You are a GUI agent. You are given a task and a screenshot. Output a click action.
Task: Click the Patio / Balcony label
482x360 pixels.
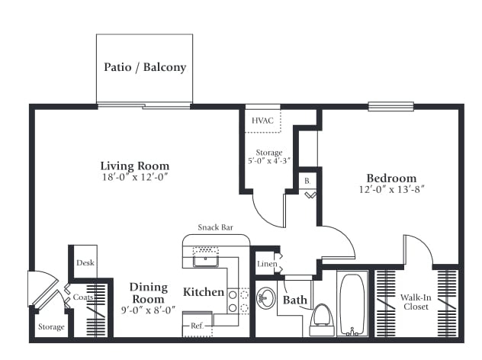point(145,67)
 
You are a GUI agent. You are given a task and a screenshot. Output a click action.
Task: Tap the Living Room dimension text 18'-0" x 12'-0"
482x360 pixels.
point(135,177)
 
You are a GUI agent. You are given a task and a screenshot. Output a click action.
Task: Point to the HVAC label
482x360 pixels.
point(262,121)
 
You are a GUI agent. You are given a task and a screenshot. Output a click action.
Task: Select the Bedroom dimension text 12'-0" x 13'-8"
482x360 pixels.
point(392,189)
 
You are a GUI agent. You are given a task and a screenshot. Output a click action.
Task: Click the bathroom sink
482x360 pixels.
point(266,298)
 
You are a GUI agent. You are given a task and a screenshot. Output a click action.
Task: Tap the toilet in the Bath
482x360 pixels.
point(322,320)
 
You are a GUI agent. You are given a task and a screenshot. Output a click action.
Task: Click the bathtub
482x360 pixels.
point(352,304)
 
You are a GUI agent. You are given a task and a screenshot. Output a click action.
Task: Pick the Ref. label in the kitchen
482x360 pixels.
point(197,326)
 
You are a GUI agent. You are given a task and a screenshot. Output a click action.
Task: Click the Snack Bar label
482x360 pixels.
point(216,227)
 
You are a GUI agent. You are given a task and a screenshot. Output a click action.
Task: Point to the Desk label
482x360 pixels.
point(85,263)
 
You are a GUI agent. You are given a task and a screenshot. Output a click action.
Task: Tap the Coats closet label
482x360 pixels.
point(83,297)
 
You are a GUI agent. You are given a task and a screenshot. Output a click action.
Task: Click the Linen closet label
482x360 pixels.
point(267,264)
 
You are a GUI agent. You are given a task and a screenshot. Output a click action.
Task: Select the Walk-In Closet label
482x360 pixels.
point(416,302)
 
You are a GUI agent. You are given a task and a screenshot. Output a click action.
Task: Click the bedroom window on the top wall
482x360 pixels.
point(391,106)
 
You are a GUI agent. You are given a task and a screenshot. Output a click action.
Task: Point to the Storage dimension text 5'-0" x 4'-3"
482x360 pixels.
point(269,161)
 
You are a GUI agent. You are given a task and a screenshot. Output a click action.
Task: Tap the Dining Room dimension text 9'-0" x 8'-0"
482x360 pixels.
point(149,310)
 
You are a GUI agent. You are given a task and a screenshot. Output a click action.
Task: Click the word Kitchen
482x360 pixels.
point(204,292)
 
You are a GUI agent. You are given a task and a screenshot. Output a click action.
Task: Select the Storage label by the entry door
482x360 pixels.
point(51,326)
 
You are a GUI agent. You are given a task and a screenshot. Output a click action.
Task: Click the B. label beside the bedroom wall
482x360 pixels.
point(307,181)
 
